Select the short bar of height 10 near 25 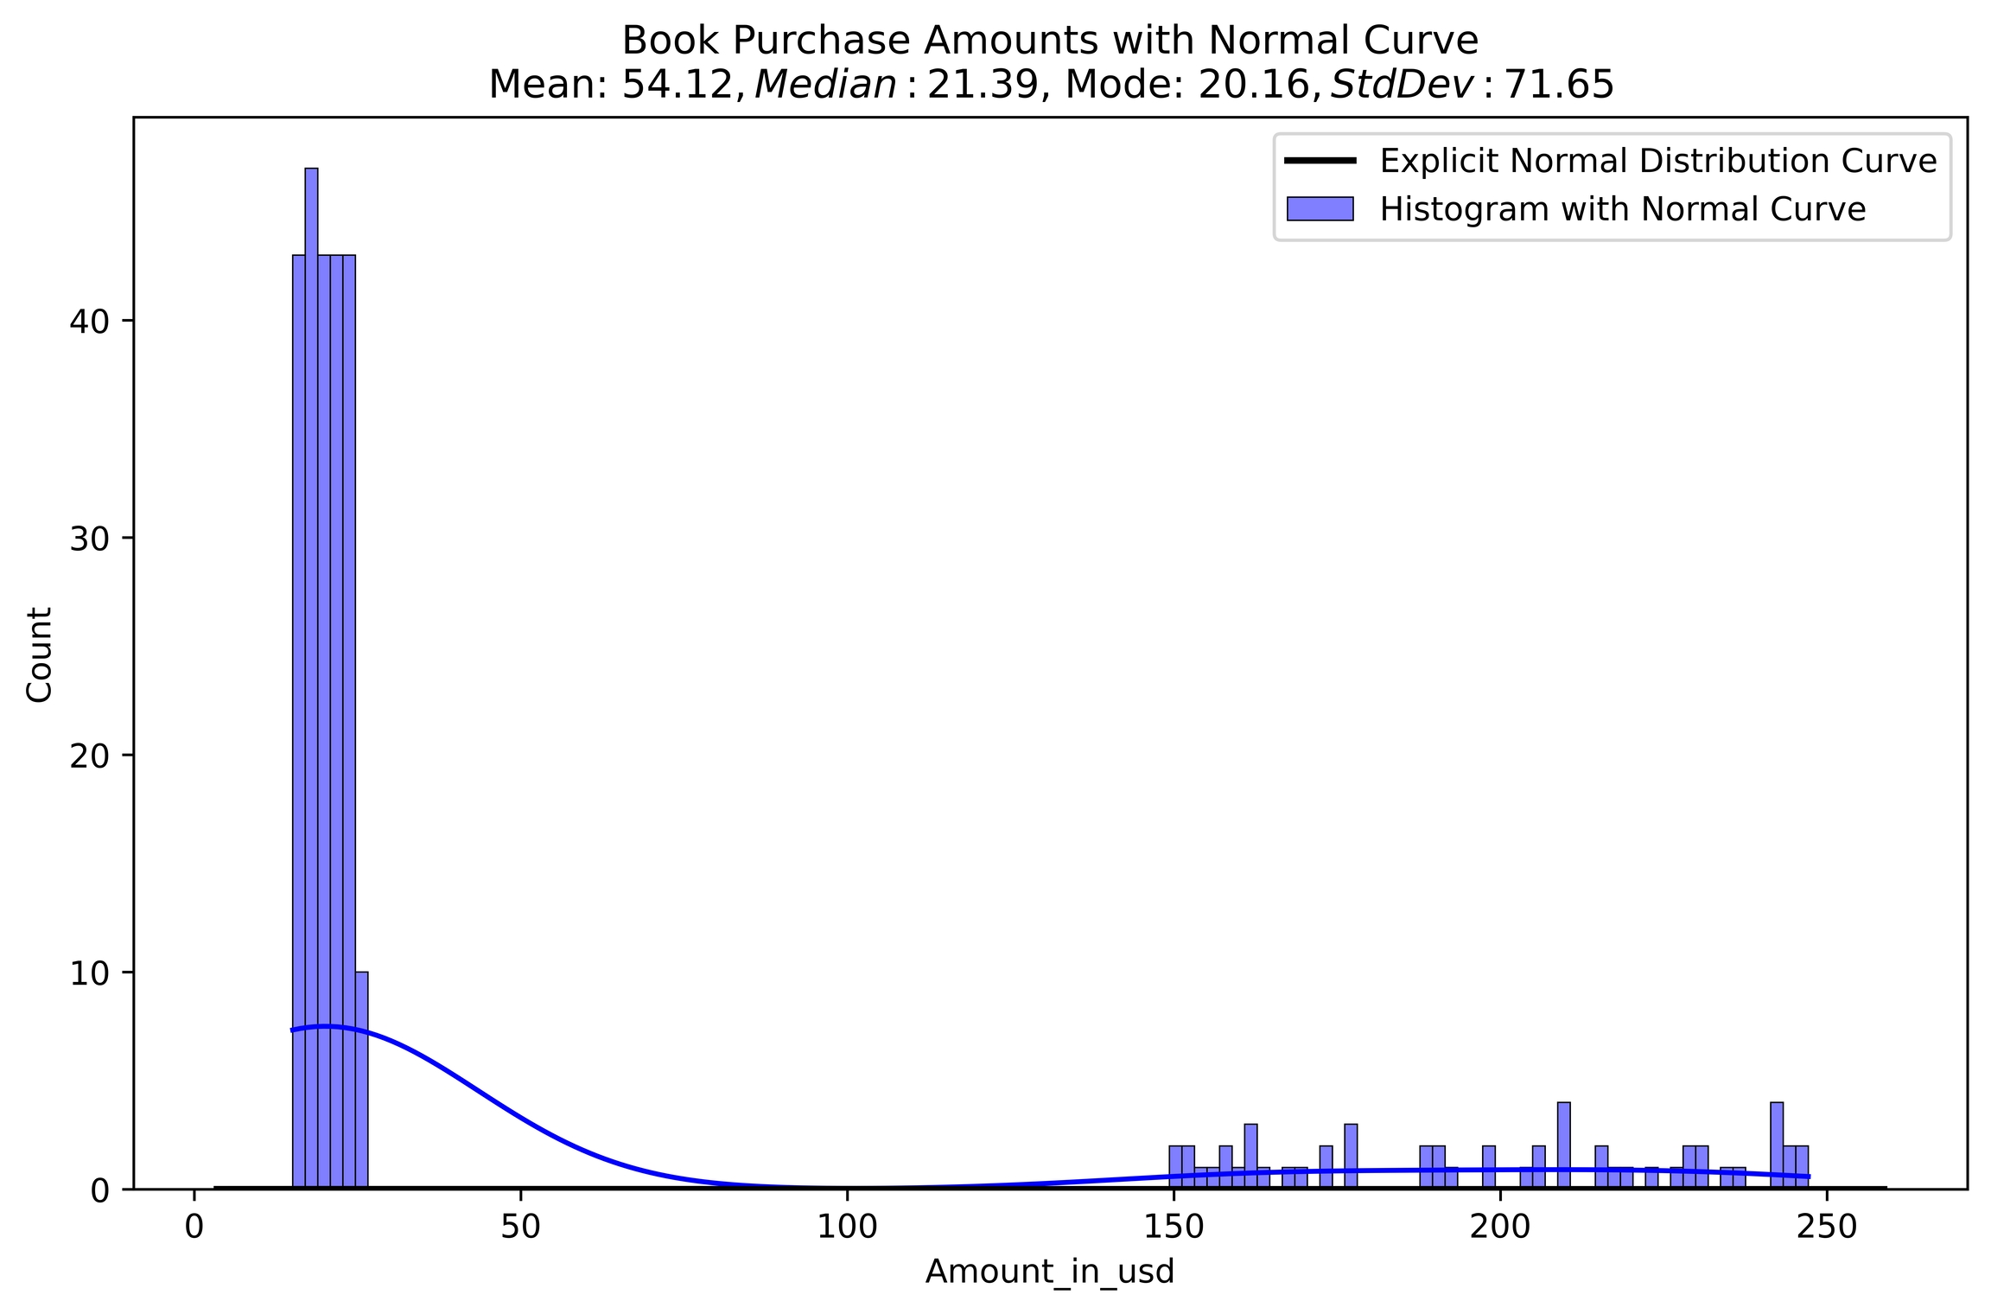pyautogui.click(x=361, y=1081)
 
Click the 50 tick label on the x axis pyautogui.click(x=520, y=1228)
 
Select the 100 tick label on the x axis pyautogui.click(x=846, y=1228)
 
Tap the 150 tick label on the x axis pyautogui.click(x=1173, y=1228)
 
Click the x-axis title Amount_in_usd pyautogui.click(x=1050, y=1272)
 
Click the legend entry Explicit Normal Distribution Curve pyautogui.click(x=1658, y=161)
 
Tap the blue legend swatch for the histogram pyautogui.click(x=1320, y=209)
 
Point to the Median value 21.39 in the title pyautogui.click(x=982, y=85)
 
